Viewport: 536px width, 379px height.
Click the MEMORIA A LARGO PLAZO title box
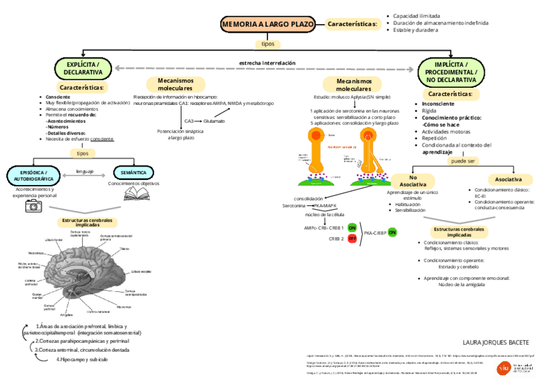click(x=268, y=25)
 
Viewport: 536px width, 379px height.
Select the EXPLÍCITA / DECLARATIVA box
click(x=83, y=68)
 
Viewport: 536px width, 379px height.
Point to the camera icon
click(x=33, y=205)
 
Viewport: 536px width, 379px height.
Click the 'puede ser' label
click(x=463, y=161)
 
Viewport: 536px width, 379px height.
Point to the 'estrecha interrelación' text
click(x=267, y=63)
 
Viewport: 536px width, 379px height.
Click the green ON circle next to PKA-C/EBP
click(x=392, y=232)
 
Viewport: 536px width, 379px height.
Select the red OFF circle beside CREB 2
click(x=352, y=239)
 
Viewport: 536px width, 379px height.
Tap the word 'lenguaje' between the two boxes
click(x=85, y=171)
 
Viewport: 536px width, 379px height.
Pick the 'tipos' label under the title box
click(x=267, y=44)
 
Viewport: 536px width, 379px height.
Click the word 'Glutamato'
click(x=214, y=121)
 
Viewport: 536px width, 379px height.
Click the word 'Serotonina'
click(x=294, y=206)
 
